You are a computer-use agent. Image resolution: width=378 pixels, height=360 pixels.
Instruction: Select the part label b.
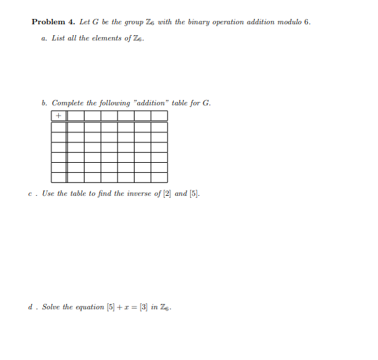pyautogui.click(x=44, y=103)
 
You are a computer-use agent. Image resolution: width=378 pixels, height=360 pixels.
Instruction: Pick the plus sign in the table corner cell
pyautogui.click(x=59, y=116)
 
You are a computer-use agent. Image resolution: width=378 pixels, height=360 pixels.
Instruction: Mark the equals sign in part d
pyautogui.click(x=134, y=307)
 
